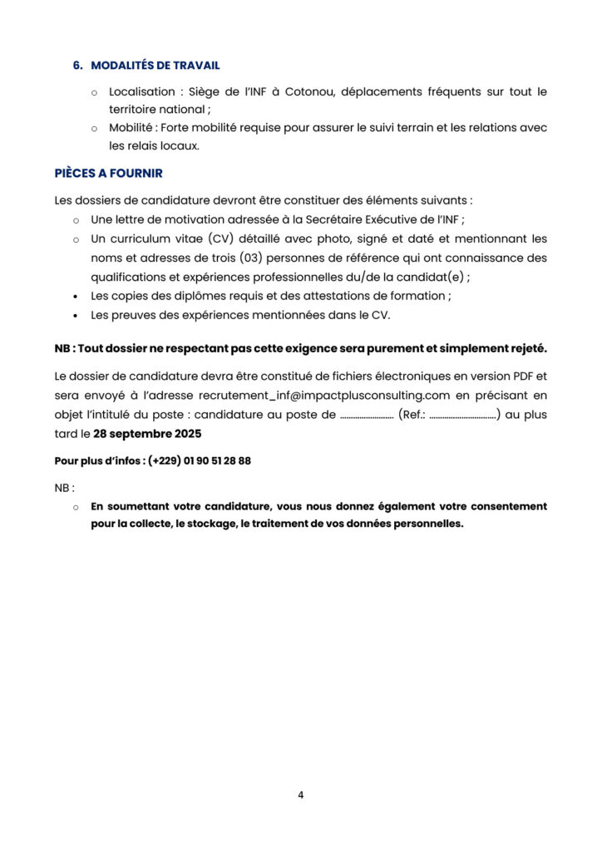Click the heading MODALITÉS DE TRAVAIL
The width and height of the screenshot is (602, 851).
(x=155, y=66)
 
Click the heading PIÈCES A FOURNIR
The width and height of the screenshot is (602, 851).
(x=108, y=173)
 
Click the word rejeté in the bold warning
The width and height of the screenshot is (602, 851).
(x=526, y=347)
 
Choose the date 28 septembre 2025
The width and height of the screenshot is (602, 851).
(x=147, y=433)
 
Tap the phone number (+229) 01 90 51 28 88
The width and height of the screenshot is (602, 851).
(x=200, y=460)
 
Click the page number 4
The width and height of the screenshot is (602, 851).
(x=300, y=795)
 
